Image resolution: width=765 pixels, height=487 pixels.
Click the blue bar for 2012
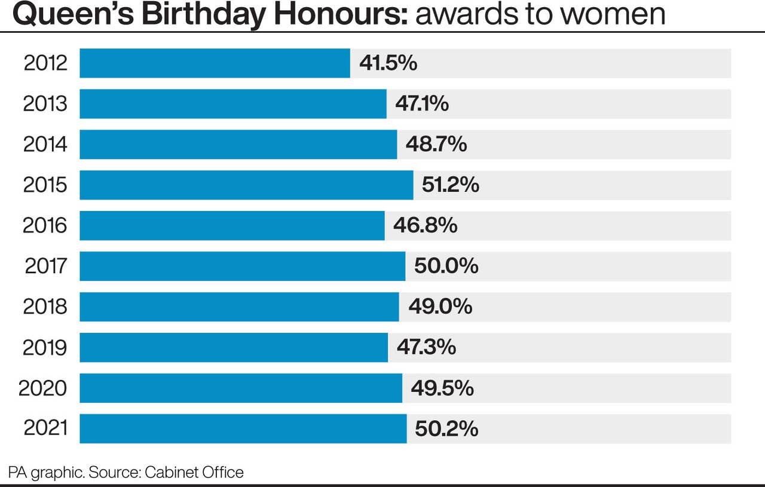click(x=215, y=63)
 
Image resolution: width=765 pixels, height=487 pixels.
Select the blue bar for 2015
click(x=246, y=185)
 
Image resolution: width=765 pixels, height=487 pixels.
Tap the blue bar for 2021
click(x=243, y=429)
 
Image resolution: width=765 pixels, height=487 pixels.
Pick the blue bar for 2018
click(x=239, y=307)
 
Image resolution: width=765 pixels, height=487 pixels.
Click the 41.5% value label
click(x=388, y=63)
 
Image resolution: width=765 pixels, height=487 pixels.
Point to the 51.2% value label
click(x=451, y=185)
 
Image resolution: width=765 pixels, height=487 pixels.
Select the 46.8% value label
click(x=425, y=226)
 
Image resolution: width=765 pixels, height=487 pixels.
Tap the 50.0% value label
click(x=446, y=267)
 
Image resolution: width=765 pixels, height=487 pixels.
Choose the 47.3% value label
click(x=426, y=348)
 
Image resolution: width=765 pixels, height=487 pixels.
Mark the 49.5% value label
click(x=442, y=388)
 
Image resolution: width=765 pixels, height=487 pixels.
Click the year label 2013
click(x=45, y=104)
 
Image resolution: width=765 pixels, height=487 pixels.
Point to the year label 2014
click(x=45, y=145)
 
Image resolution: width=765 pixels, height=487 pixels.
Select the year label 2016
click(x=45, y=226)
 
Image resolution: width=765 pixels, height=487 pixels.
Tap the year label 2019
click(x=45, y=348)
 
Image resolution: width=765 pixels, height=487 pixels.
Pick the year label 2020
click(x=43, y=388)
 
